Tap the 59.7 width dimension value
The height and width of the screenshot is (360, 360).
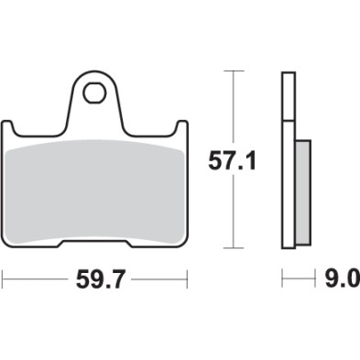pyautogui.click(x=96, y=275)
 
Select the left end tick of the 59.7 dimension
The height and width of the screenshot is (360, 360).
pyautogui.click(x=5, y=275)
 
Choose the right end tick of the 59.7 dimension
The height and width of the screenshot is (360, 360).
pyautogui.click(x=187, y=275)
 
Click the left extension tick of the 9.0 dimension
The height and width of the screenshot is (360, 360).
pyautogui.click(x=282, y=275)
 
